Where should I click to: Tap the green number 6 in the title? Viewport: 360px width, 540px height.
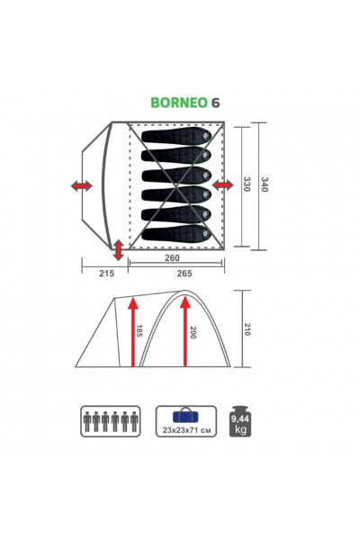coord(215,103)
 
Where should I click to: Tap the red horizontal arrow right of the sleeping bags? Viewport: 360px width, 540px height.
coord(224,184)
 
